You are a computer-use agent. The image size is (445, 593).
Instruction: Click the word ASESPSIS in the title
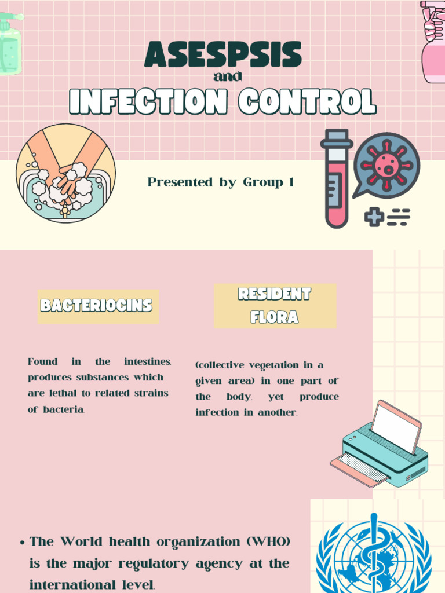222,55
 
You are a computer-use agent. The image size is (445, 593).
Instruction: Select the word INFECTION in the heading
148,103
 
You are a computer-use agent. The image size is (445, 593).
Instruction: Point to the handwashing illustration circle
65,173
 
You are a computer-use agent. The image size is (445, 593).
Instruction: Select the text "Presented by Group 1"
220,182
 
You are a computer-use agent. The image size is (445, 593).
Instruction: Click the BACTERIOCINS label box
96,306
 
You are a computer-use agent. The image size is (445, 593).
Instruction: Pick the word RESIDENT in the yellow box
275,294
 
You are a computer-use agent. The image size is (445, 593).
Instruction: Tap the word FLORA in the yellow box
275,317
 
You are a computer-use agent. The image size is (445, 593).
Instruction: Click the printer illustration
380,446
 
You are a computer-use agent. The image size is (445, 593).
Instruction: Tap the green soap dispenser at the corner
9,43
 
